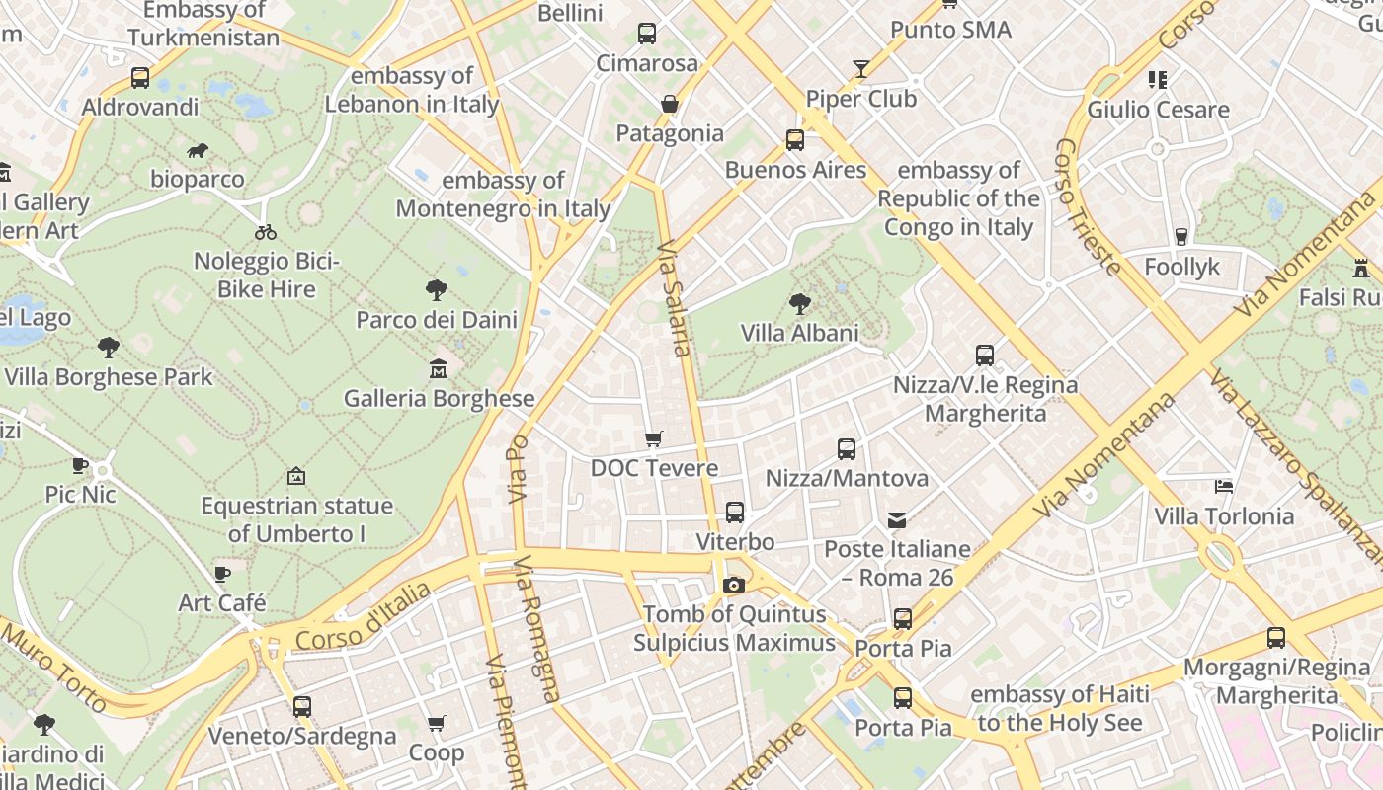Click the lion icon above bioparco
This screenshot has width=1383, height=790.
[198, 151]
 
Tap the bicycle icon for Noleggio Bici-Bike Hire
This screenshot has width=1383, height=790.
[266, 232]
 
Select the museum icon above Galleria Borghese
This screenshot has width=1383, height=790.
[438, 369]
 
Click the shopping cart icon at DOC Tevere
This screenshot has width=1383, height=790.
[653, 438]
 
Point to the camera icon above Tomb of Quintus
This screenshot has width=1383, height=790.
[733, 585]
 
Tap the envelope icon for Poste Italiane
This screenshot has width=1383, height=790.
[897, 519]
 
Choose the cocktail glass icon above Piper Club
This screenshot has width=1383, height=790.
[861, 69]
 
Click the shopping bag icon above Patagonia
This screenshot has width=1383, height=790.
[670, 104]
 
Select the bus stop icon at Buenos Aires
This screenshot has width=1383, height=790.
[795, 140]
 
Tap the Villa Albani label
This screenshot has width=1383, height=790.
[800, 333]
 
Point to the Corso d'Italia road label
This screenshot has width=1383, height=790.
[364, 615]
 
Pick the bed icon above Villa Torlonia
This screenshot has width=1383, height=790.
[1224, 487]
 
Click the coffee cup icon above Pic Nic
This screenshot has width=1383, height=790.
[80, 465]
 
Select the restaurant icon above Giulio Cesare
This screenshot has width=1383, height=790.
[1158, 79]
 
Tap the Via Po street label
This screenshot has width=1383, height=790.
[519, 468]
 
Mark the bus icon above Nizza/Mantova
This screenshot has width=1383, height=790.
[847, 449]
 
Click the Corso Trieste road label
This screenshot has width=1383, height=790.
[1088, 206]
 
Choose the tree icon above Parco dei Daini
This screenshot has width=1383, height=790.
[437, 290]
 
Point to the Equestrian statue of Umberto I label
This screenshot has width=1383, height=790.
[297, 519]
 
